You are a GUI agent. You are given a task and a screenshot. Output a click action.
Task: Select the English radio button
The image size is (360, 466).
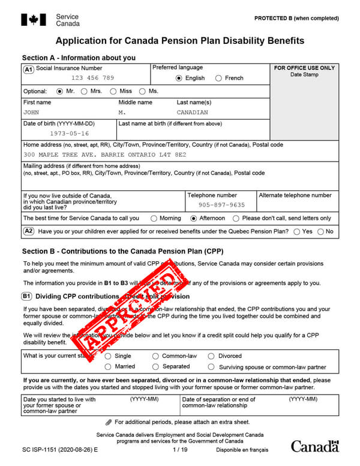point(179,78)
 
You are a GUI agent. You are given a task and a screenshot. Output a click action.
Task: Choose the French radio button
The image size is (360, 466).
point(218,78)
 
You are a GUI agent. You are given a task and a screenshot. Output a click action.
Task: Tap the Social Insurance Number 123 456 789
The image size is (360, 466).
point(92,78)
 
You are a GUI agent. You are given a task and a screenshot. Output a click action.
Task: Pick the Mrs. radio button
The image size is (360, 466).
point(85,91)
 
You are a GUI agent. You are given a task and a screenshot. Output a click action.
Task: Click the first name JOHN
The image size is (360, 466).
point(31,112)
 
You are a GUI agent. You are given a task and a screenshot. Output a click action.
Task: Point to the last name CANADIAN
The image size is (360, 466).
point(193,112)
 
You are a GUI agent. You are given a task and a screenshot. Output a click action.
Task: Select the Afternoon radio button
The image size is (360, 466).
point(193,219)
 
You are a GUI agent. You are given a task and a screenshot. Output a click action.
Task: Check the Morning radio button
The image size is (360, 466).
point(154,219)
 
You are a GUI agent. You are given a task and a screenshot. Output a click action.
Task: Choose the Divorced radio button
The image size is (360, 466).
point(211,356)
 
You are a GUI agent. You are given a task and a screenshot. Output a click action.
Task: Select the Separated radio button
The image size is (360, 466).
point(156,366)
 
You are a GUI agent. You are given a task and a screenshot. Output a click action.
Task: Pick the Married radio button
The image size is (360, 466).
point(108,366)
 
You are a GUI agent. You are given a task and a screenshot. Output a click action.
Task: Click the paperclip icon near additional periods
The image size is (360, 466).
point(108,422)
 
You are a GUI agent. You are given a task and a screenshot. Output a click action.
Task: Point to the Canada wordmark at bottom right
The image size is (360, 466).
point(314,446)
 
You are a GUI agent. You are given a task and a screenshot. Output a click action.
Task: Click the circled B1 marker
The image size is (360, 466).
point(27,296)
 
